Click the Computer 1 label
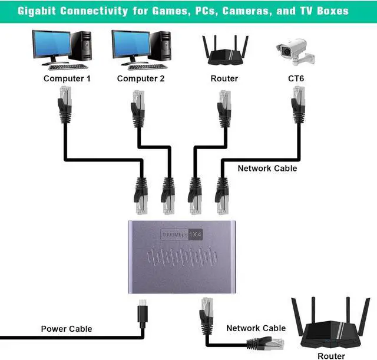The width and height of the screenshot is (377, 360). [67, 78]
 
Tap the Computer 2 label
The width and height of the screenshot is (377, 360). [141, 78]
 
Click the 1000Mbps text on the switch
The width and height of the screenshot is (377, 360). [174, 235]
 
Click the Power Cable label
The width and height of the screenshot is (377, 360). [66, 329]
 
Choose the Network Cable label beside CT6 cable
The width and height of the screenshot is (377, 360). [267, 169]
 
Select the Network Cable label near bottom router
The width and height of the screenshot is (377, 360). [256, 328]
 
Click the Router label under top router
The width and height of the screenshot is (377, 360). [224, 78]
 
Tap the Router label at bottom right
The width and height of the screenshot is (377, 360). [331, 356]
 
